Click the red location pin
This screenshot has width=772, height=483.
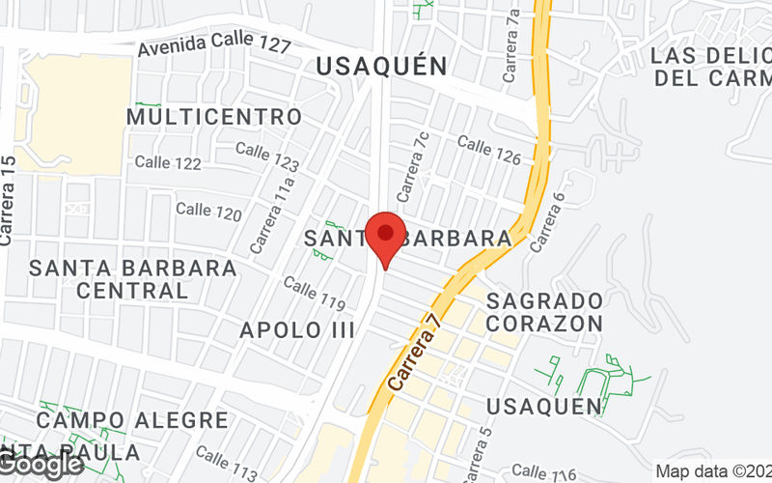pos(386,238)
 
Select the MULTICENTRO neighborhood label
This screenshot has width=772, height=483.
pos(214,117)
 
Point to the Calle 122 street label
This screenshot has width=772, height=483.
pos(168,163)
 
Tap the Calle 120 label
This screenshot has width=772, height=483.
pos(208,211)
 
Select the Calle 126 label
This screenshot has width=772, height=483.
pos(489,150)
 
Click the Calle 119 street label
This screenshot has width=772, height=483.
pos(315,294)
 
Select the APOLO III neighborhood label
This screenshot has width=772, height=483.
pos(297,329)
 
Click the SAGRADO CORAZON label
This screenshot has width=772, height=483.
pos(545,311)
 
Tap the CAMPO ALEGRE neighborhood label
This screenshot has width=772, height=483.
pos(133,420)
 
